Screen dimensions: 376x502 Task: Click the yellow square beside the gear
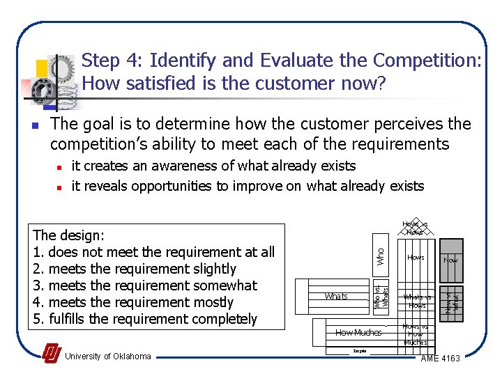click(41, 68)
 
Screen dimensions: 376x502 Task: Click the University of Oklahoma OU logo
click(51, 354)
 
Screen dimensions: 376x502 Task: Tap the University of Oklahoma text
click(107, 357)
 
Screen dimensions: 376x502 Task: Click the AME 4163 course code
click(441, 358)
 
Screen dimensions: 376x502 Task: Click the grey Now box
click(450, 259)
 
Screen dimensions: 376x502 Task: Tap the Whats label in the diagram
click(336, 296)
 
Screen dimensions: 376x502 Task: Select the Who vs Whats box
click(381, 296)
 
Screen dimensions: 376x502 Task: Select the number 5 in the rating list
click(38, 319)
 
